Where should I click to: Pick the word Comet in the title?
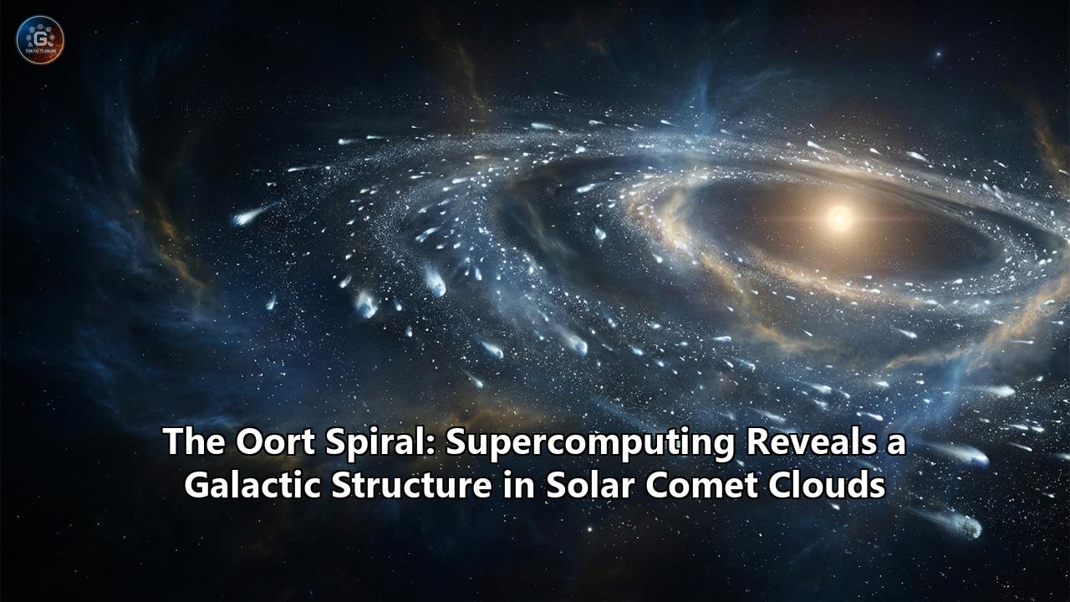(x=693, y=485)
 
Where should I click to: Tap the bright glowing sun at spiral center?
(x=839, y=219)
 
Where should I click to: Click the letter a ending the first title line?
(x=895, y=443)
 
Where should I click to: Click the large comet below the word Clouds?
(x=961, y=523)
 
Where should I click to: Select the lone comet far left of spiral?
(x=249, y=216)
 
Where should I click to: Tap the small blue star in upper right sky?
(x=938, y=54)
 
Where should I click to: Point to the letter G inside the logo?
(x=40, y=36)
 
